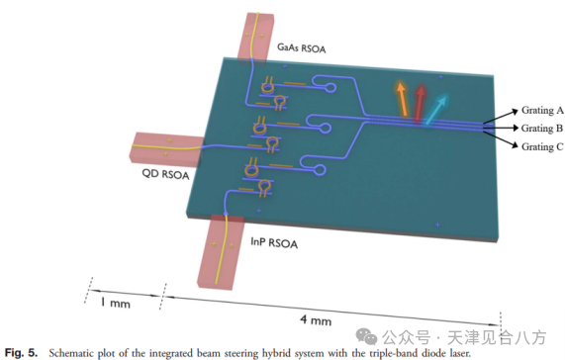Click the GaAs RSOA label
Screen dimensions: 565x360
302,47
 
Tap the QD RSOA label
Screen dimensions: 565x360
165,174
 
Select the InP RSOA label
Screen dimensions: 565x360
274,242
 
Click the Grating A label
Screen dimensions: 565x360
542,110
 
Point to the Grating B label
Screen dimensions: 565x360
542,129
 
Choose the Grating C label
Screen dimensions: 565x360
542,147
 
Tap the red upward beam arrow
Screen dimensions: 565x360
420,102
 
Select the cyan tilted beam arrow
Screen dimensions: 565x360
436,110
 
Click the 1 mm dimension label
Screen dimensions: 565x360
116,303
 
